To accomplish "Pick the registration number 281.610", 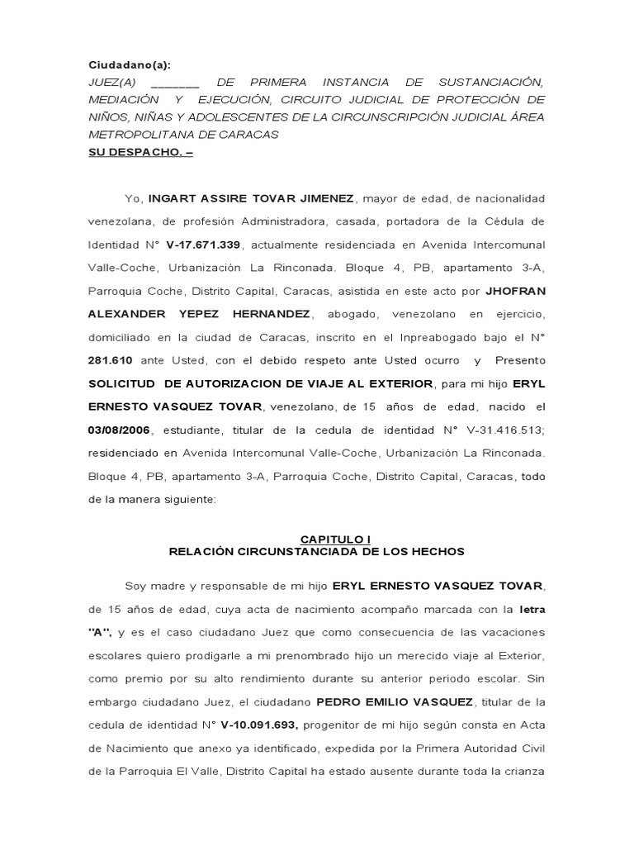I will tap(109, 360).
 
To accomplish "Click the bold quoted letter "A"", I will tap(100, 633).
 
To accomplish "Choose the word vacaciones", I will tap(512, 633).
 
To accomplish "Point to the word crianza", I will tap(521, 772).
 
